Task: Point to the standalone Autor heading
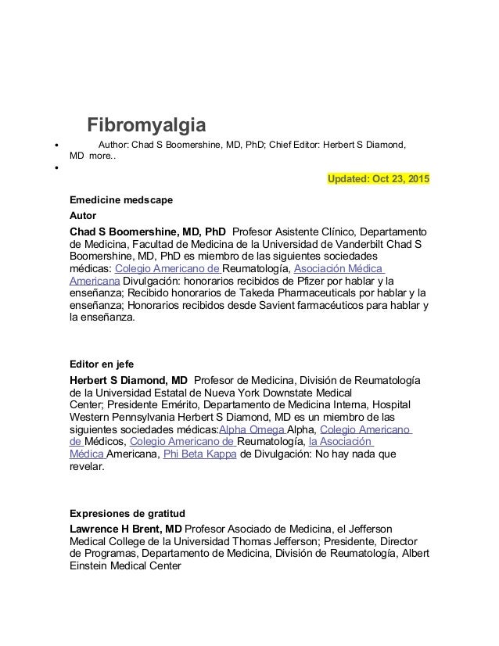(x=84, y=214)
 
